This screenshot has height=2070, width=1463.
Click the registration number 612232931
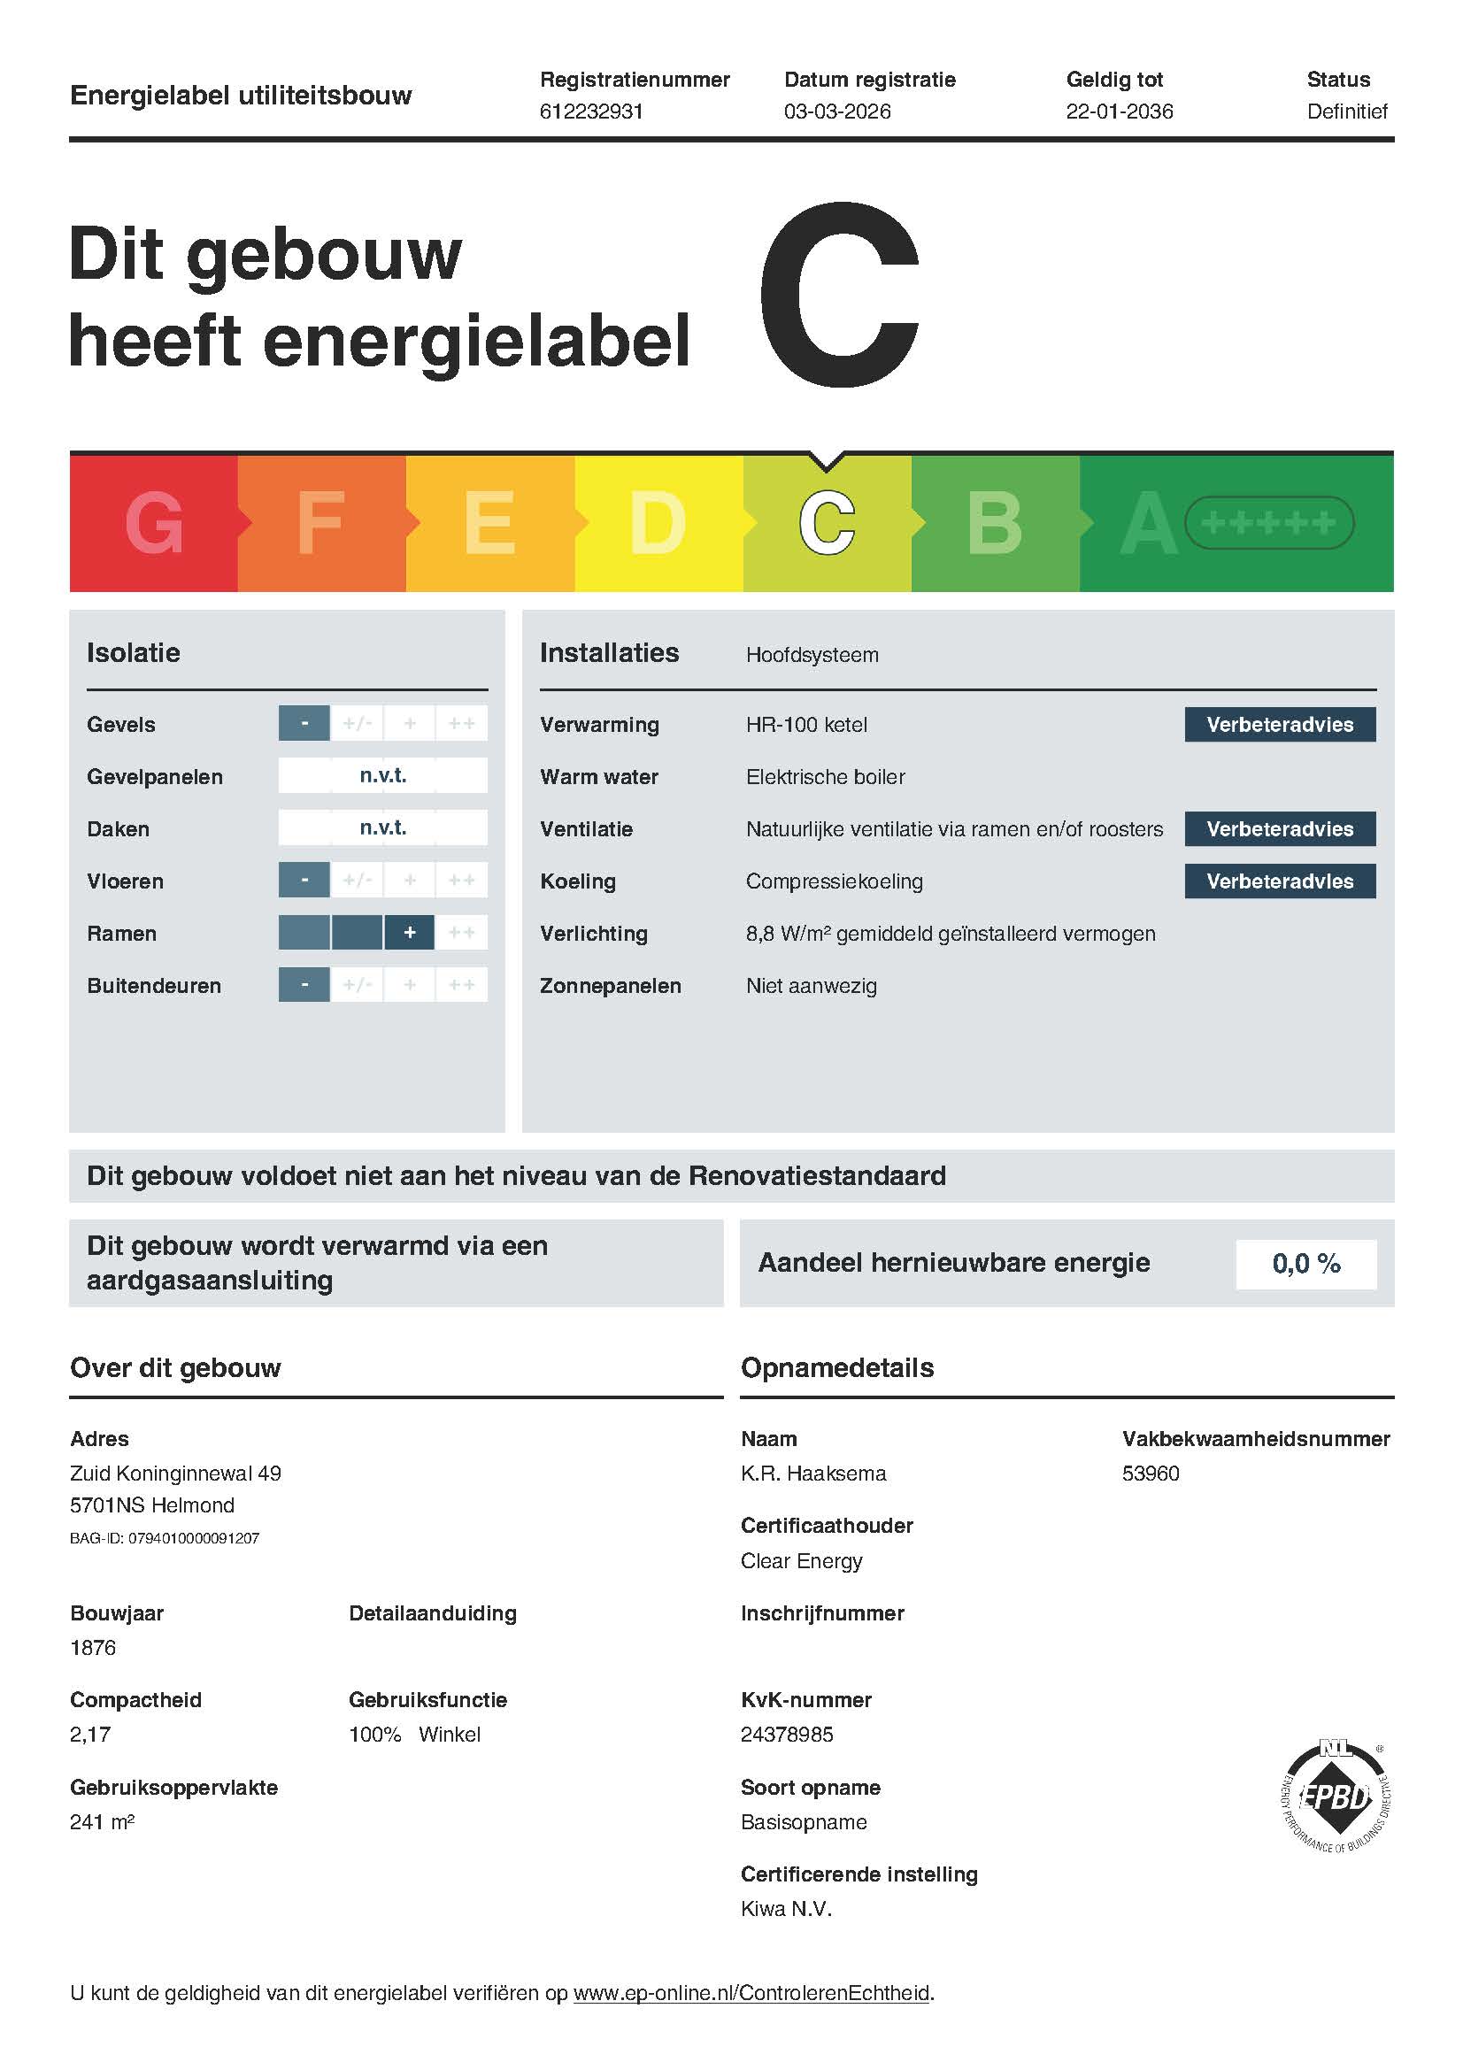click(x=590, y=112)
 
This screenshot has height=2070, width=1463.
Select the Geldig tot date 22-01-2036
click(x=1119, y=112)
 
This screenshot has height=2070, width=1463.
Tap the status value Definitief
click(x=1347, y=112)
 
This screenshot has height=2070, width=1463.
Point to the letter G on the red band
click(x=154, y=523)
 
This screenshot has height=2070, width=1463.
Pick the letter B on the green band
click(x=994, y=523)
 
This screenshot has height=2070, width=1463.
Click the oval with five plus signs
click(x=1268, y=523)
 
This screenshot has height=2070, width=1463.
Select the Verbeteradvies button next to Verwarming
click(x=1279, y=725)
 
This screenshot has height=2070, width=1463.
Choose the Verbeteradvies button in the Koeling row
click(x=1279, y=881)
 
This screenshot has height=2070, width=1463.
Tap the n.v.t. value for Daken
click(x=383, y=827)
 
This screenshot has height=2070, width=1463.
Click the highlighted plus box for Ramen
click(x=409, y=933)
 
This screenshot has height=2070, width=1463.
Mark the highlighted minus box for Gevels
click(x=304, y=724)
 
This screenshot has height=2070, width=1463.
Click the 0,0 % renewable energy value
click(x=1305, y=1264)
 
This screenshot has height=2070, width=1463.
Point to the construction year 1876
click(x=93, y=1648)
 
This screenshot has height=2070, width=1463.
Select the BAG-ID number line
click(x=164, y=1539)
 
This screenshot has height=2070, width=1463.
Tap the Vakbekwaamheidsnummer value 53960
click(x=1151, y=1474)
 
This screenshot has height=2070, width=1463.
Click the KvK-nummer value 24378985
click(x=787, y=1735)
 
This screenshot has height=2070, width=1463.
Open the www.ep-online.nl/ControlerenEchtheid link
click(x=751, y=1993)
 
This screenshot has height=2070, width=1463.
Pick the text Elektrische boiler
click(x=825, y=777)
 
